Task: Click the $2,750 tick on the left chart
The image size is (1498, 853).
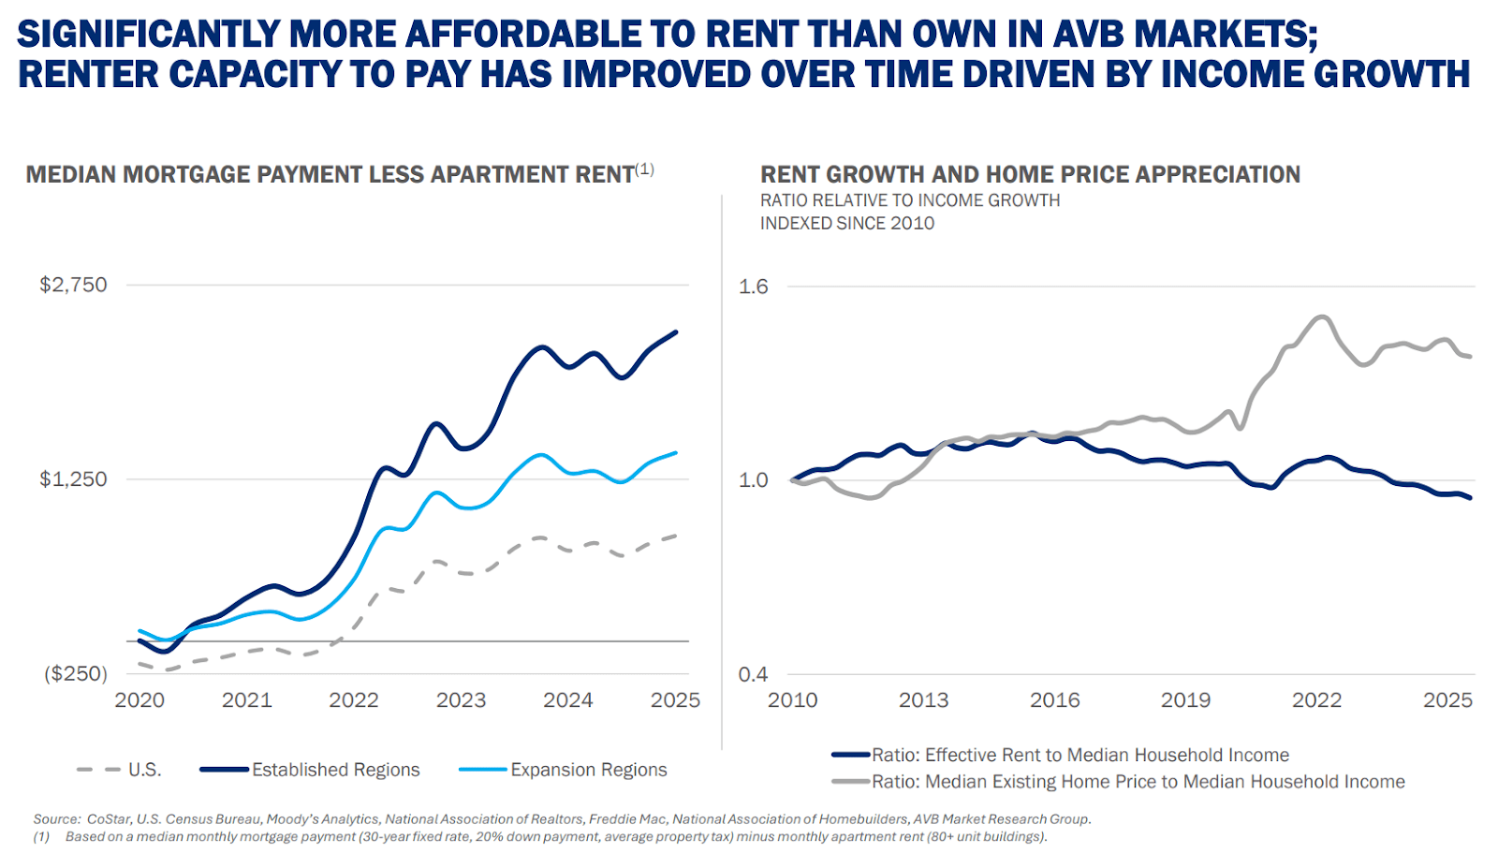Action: coord(73,285)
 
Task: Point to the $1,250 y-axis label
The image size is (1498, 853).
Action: coord(73,479)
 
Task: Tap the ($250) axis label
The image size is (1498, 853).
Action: coord(76,674)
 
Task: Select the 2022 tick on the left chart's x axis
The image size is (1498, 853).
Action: coord(354,700)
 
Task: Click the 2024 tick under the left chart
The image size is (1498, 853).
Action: coord(568,700)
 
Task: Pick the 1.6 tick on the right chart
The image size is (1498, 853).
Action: coord(753,287)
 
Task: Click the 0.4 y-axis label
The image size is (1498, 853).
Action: coord(753,674)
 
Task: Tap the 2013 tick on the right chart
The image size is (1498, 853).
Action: coord(923,700)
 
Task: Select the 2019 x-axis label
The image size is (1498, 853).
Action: coord(1185,700)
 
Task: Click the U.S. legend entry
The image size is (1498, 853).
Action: coord(144,770)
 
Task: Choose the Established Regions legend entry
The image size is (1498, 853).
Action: coord(335,770)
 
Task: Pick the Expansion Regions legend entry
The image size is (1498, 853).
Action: coord(588,770)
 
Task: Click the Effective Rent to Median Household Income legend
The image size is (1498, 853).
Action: coord(1079,755)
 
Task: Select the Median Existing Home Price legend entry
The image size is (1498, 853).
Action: coord(1138,782)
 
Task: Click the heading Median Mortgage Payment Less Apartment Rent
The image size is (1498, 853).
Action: coord(330,175)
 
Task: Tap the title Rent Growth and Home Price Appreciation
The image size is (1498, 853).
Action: coord(1030,175)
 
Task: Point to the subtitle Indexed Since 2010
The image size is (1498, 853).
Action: coord(847,224)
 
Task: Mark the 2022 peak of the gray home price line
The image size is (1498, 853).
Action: coord(1321,316)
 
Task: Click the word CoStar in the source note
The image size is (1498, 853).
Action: coord(109,819)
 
